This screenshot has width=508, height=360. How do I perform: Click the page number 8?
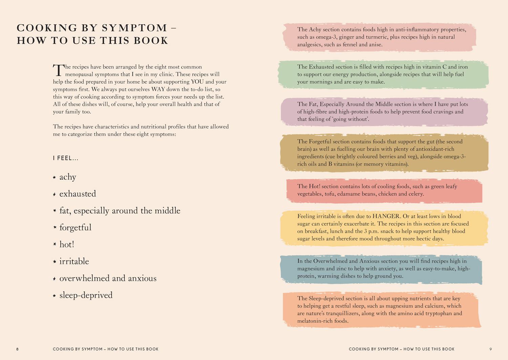(18, 349)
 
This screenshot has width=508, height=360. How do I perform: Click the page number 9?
(490, 349)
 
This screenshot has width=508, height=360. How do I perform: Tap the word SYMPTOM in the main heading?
(134, 28)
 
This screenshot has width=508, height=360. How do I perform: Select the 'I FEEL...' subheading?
(66, 158)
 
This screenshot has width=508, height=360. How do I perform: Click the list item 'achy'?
(68, 177)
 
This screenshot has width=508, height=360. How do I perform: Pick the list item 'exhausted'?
(78, 194)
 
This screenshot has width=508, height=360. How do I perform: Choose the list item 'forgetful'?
(75, 227)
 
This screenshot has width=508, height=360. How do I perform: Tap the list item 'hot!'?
(67, 244)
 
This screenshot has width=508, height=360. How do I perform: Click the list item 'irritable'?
(74, 261)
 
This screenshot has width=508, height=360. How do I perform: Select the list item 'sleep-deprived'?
(86, 295)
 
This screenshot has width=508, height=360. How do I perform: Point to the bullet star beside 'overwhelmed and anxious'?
(54, 279)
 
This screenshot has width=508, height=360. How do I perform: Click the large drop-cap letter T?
(58, 70)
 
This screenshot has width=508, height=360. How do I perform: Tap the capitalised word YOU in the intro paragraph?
(197, 82)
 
